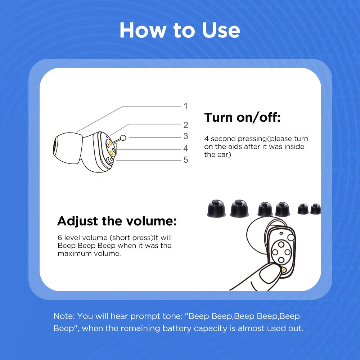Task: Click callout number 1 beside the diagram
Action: (x=185, y=106)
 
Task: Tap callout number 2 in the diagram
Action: (x=185, y=125)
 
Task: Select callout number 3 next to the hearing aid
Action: (x=185, y=136)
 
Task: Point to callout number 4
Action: (x=185, y=148)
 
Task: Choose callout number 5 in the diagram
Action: (x=185, y=160)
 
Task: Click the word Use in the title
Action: (x=221, y=30)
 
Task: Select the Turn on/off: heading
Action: (x=242, y=117)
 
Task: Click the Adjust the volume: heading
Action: (x=117, y=221)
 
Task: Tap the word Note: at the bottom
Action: (x=64, y=316)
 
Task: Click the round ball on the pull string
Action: (x=123, y=138)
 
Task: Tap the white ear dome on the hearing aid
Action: (x=68, y=148)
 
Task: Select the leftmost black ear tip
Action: (x=216, y=209)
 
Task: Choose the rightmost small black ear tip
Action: (x=315, y=209)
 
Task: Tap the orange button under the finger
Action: (x=284, y=270)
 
